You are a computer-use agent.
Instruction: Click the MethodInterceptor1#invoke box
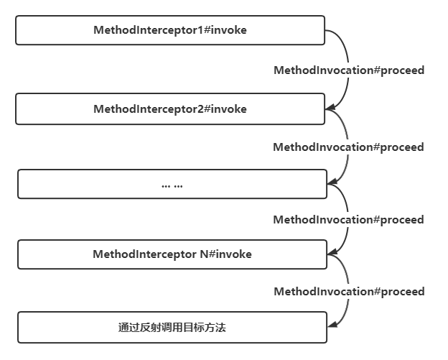pyautogui.click(x=171, y=31)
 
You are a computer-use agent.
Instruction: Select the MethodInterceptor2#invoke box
pyautogui.click(x=171, y=110)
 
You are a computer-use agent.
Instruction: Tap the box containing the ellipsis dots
pyautogui.click(x=172, y=184)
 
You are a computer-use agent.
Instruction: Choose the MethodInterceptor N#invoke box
pyautogui.click(x=172, y=255)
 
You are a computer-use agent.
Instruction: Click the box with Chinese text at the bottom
pyautogui.click(x=172, y=328)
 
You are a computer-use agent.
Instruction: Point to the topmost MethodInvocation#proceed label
pyautogui.click(x=349, y=70)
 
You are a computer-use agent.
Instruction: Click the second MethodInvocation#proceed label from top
pyautogui.click(x=348, y=147)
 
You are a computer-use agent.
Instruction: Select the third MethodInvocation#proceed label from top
pyautogui.click(x=348, y=220)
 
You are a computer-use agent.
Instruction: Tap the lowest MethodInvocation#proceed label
pyautogui.click(x=349, y=292)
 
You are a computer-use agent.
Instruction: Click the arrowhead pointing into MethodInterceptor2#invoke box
pyautogui.click(x=330, y=109)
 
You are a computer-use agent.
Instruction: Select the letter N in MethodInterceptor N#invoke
pyautogui.click(x=204, y=255)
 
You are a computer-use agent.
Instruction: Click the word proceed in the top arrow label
pyautogui.click(x=401, y=70)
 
